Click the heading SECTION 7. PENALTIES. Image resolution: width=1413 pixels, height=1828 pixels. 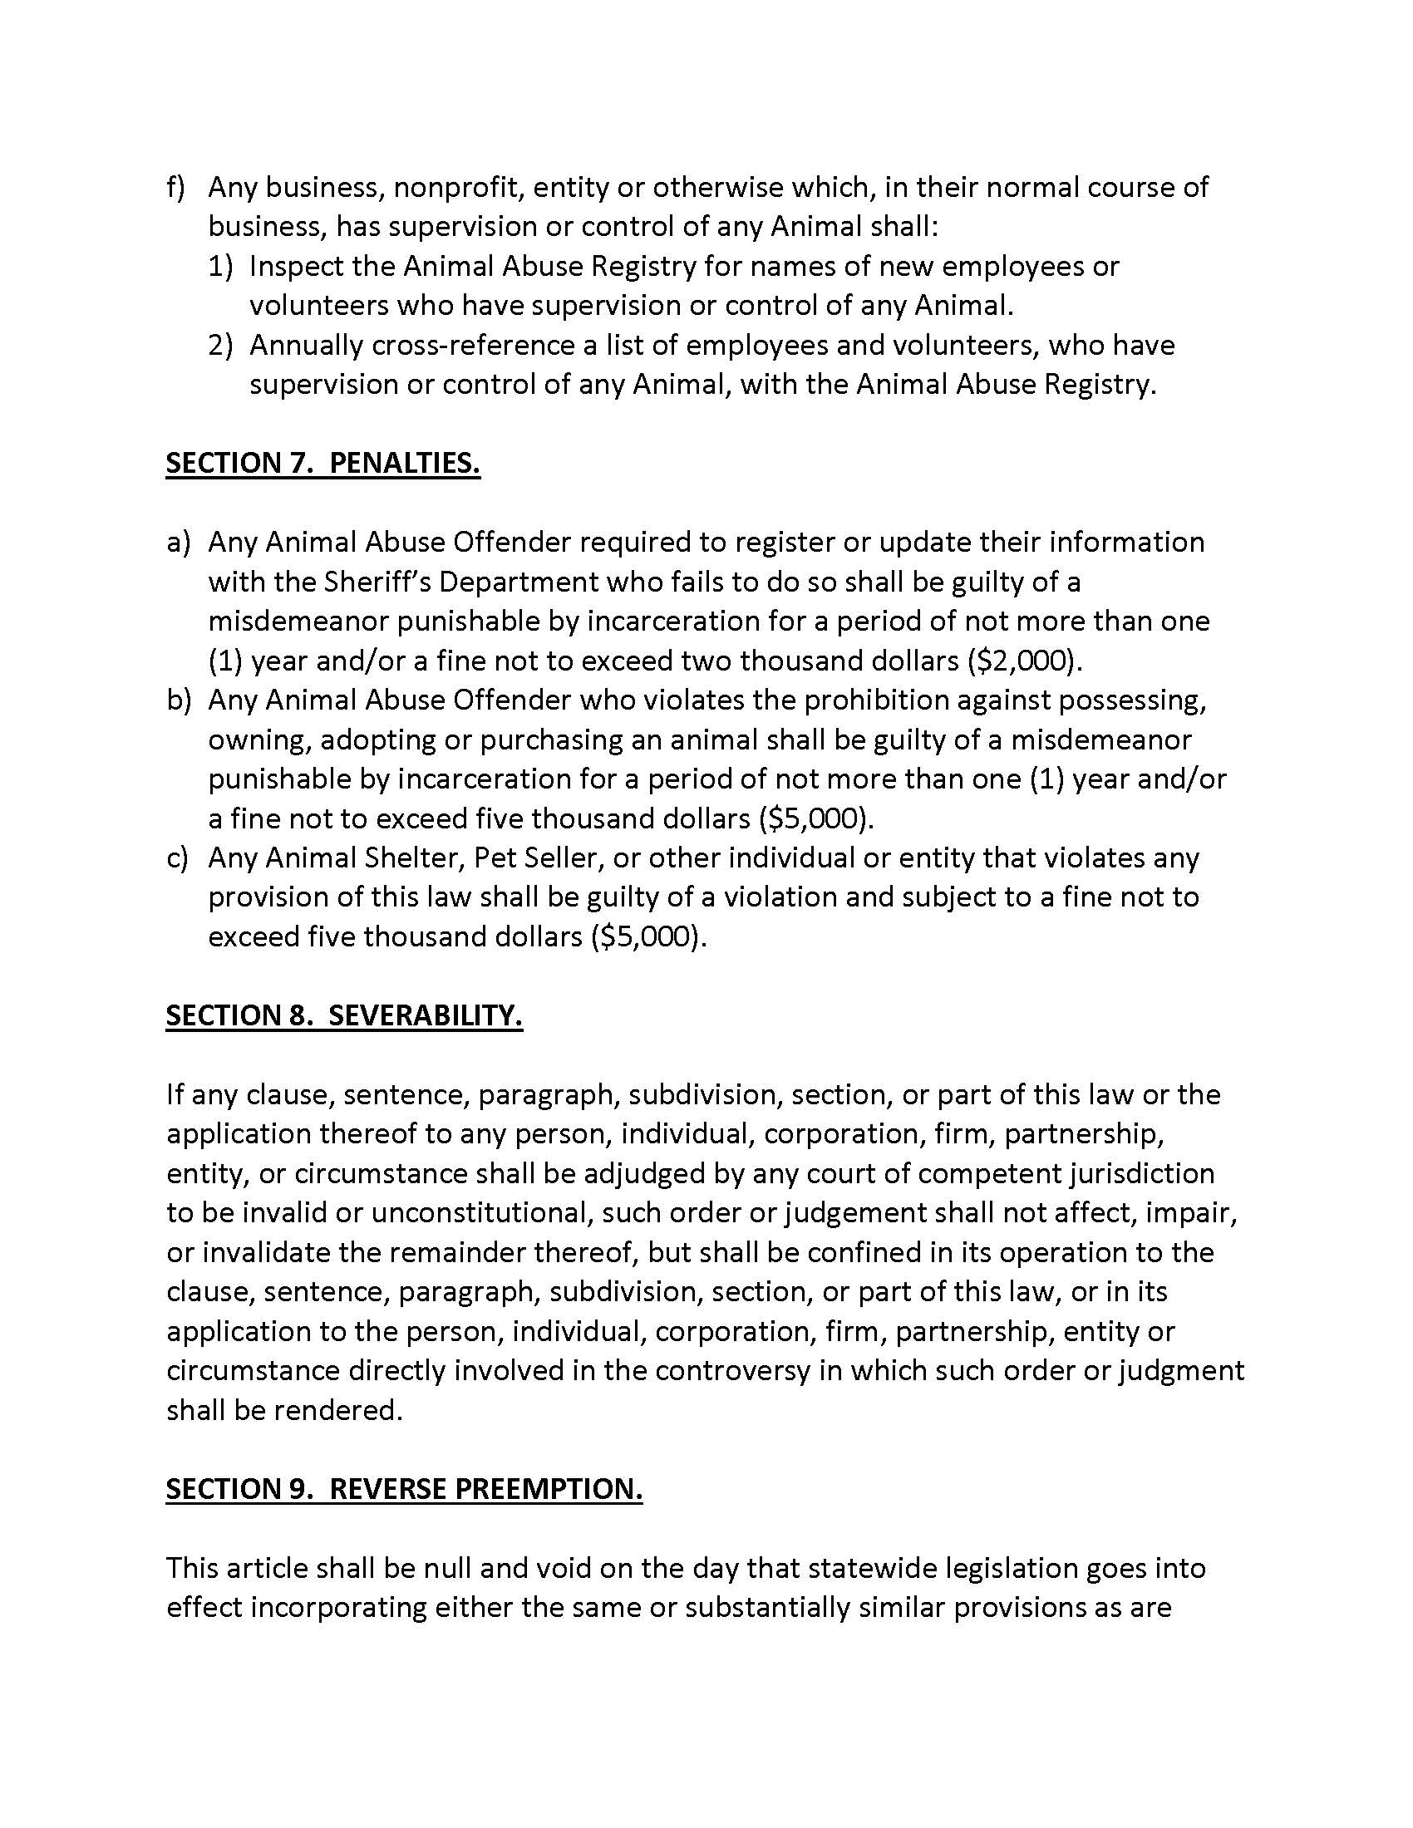click(x=322, y=463)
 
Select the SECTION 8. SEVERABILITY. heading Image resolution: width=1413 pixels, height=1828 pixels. click(x=344, y=1015)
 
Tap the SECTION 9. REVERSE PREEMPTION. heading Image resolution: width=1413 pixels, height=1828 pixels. click(x=403, y=1488)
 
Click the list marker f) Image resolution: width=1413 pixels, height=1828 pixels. click(x=175, y=188)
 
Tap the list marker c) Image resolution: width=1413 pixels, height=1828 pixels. click(x=175, y=858)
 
